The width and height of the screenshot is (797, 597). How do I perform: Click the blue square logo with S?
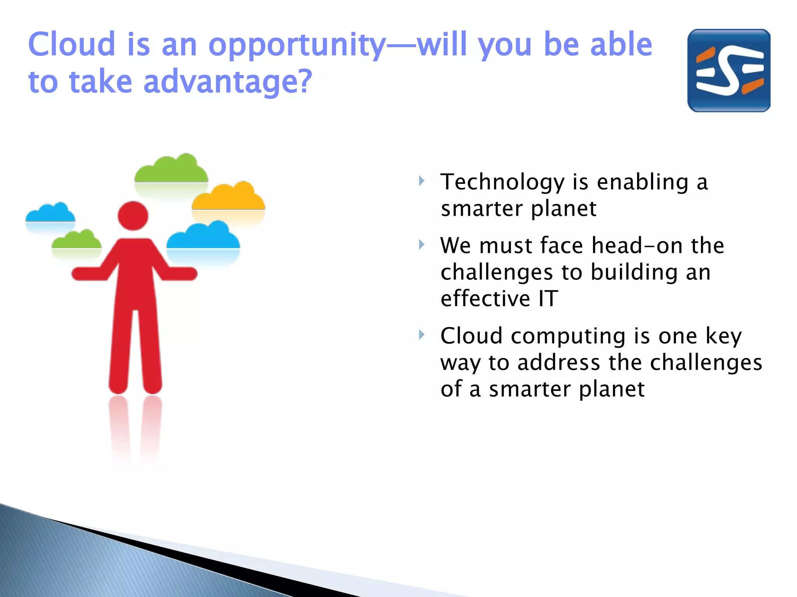pos(729,71)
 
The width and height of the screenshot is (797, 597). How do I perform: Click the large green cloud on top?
pos(171,170)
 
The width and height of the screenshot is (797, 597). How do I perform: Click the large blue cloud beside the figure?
pos(203,237)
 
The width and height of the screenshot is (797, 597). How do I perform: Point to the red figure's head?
pos(133,216)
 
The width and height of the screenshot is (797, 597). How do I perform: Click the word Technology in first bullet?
pos(502,183)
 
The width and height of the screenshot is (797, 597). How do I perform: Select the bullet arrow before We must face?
pos(421,244)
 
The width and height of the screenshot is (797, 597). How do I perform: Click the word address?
pos(558,363)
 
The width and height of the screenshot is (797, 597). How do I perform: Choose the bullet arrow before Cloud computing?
pos(421,334)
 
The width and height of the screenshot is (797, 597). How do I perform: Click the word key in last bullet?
pos(723,336)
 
